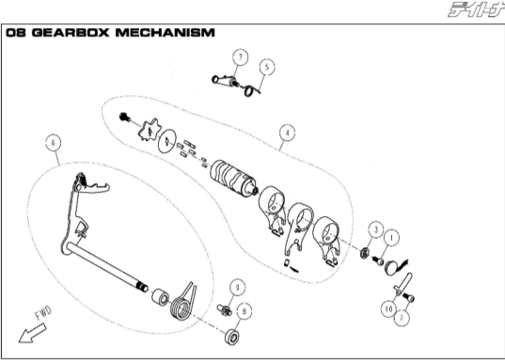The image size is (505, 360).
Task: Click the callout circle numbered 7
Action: (x=240, y=57)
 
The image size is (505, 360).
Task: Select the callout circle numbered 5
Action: (x=267, y=67)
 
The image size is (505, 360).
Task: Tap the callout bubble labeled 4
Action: (x=287, y=133)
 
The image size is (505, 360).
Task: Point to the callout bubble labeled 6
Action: (x=54, y=142)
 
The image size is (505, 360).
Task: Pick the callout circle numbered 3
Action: (x=375, y=229)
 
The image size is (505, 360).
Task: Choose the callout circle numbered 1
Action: (x=391, y=238)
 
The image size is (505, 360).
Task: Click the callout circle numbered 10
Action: (x=388, y=309)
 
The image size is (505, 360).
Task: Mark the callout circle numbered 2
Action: (x=402, y=318)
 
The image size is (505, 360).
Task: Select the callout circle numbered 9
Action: (x=238, y=288)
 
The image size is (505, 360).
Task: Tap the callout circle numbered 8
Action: (x=245, y=311)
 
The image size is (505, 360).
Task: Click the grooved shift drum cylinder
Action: (x=232, y=178)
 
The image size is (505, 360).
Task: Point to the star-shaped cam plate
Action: (x=150, y=130)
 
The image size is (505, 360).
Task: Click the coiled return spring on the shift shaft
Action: (x=182, y=303)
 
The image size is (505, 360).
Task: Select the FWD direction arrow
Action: (x=33, y=334)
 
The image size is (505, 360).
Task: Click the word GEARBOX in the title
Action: (x=71, y=33)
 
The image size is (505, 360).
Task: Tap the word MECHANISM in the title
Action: (x=165, y=33)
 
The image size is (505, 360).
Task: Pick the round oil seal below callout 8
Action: (x=232, y=337)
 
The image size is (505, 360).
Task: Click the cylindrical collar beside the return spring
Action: (x=161, y=298)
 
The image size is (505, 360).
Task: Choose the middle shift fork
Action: (x=299, y=227)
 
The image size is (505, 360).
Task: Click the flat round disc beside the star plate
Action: (x=167, y=141)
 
